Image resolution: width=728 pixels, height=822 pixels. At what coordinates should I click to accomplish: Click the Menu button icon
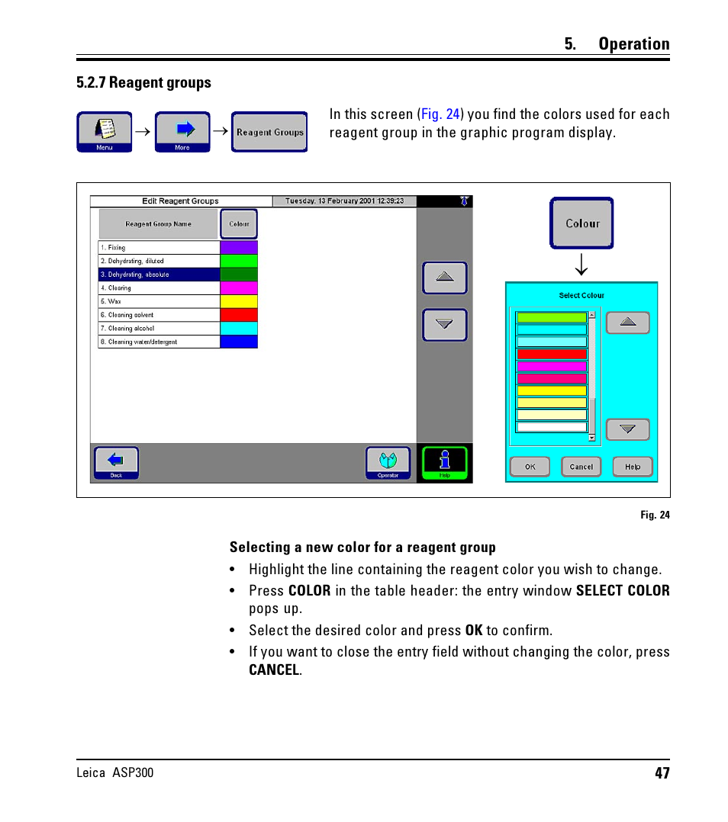coord(104,131)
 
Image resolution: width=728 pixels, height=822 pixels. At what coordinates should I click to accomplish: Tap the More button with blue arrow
coord(182,131)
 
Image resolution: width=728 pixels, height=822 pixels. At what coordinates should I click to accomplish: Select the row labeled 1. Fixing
coord(159,248)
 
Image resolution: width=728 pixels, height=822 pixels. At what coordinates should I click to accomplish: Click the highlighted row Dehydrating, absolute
coord(159,275)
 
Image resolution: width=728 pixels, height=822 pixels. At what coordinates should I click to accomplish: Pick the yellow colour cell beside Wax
coord(239,302)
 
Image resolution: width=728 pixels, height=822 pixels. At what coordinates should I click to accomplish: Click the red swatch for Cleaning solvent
coord(239,315)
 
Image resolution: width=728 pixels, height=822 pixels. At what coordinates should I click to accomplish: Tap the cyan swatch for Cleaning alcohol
coord(239,329)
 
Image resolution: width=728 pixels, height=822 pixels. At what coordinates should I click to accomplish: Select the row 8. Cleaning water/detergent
coord(159,342)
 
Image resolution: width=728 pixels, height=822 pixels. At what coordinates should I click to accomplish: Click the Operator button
coord(388,463)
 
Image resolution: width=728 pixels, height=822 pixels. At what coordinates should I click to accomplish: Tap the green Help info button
coord(444,463)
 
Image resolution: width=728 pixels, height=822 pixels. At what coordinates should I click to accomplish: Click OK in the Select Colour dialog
coord(530,467)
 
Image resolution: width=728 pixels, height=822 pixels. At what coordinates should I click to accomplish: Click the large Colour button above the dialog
coord(581,223)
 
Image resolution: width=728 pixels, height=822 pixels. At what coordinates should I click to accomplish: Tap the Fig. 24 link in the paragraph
coord(441,114)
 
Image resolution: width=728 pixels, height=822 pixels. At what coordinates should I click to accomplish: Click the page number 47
coord(662,773)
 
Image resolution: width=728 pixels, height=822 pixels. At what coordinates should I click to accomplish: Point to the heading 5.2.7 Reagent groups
coord(143,82)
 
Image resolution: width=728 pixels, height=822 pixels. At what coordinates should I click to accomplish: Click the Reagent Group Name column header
coord(158,224)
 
